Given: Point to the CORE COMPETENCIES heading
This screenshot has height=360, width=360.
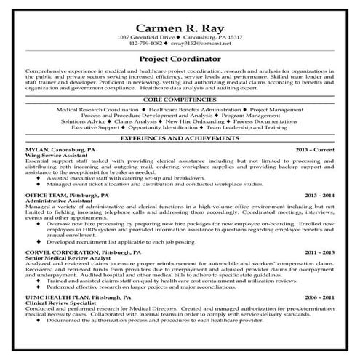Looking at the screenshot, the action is (180, 99).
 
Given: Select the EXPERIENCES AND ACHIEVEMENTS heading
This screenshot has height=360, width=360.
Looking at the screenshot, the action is (180, 137).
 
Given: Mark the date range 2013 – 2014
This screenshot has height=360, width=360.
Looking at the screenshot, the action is (319, 196).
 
